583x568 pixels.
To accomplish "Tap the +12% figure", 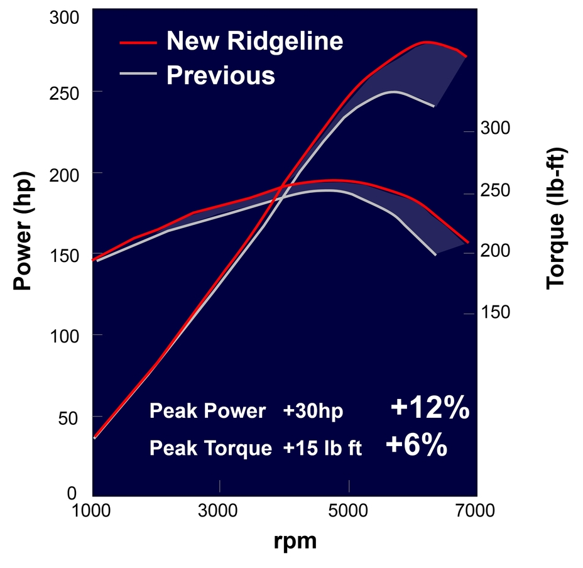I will coord(430,409).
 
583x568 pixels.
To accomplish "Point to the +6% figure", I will coord(417,445).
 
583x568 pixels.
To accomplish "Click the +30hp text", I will coord(313,412).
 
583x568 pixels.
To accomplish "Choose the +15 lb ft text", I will coord(322,449).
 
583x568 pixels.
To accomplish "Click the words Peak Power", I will coord(208,412).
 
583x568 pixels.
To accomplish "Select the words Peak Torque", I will coord(211,449).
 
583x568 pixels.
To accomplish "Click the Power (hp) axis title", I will coord(23,231).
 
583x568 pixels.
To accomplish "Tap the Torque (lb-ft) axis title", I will coord(556,218).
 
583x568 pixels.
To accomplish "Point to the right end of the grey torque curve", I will coord(435,254).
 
